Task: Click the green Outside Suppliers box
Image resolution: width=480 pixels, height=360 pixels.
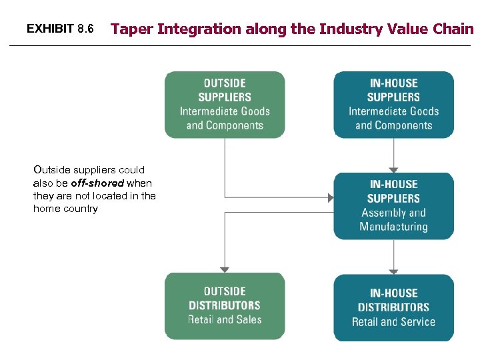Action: coord(225,105)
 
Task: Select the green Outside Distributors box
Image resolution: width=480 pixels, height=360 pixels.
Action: coord(225,305)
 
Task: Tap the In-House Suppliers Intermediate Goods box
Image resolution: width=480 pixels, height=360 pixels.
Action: coord(393,105)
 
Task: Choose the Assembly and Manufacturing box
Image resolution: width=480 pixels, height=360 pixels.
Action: coord(393,205)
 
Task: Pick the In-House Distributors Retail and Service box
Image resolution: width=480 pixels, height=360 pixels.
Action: coord(393,307)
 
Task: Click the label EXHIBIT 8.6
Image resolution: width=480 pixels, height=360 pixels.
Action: coord(60,29)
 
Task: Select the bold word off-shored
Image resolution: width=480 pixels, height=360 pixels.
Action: coord(97,183)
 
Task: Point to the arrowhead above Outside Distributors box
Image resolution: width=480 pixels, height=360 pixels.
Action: coord(225,269)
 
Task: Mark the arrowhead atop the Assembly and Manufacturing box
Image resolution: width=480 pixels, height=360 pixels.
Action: coord(393,169)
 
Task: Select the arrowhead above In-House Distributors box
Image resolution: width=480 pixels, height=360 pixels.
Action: coord(393,271)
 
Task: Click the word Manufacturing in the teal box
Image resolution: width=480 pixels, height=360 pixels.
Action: coord(393,227)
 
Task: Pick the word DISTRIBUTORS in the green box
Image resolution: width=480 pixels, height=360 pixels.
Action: coord(225,305)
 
